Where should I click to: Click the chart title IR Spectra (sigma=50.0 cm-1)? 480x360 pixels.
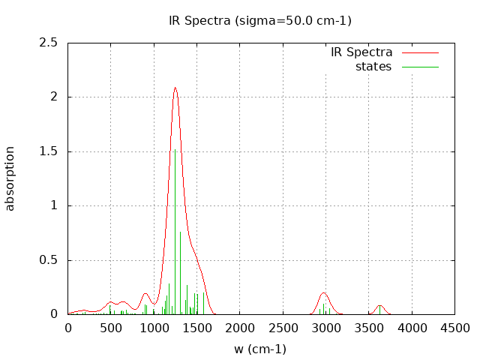(x=260, y=20)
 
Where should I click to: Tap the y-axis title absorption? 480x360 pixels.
(x=10, y=178)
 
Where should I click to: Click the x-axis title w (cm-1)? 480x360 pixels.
(x=260, y=349)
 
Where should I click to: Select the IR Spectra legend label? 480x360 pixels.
(x=361, y=52)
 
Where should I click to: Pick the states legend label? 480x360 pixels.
(x=373, y=67)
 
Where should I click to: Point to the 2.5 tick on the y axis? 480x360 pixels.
(x=49, y=43)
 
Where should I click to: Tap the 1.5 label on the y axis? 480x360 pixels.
(x=49, y=151)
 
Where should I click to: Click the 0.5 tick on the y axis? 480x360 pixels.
(x=49, y=260)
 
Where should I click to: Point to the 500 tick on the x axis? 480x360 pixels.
(x=111, y=328)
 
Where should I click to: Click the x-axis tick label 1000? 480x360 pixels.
(x=154, y=328)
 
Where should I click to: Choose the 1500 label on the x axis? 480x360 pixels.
(x=196, y=328)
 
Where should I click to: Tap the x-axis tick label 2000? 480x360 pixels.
(x=240, y=328)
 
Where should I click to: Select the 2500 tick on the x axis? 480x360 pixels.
(x=283, y=328)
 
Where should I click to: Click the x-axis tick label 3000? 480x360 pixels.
(x=325, y=328)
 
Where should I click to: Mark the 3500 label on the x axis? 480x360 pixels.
(x=369, y=328)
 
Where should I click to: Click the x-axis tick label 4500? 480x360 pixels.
(x=454, y=328)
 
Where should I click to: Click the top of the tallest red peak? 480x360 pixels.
(x=175, y=88)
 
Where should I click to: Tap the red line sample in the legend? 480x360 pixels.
(x=420, y=52)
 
